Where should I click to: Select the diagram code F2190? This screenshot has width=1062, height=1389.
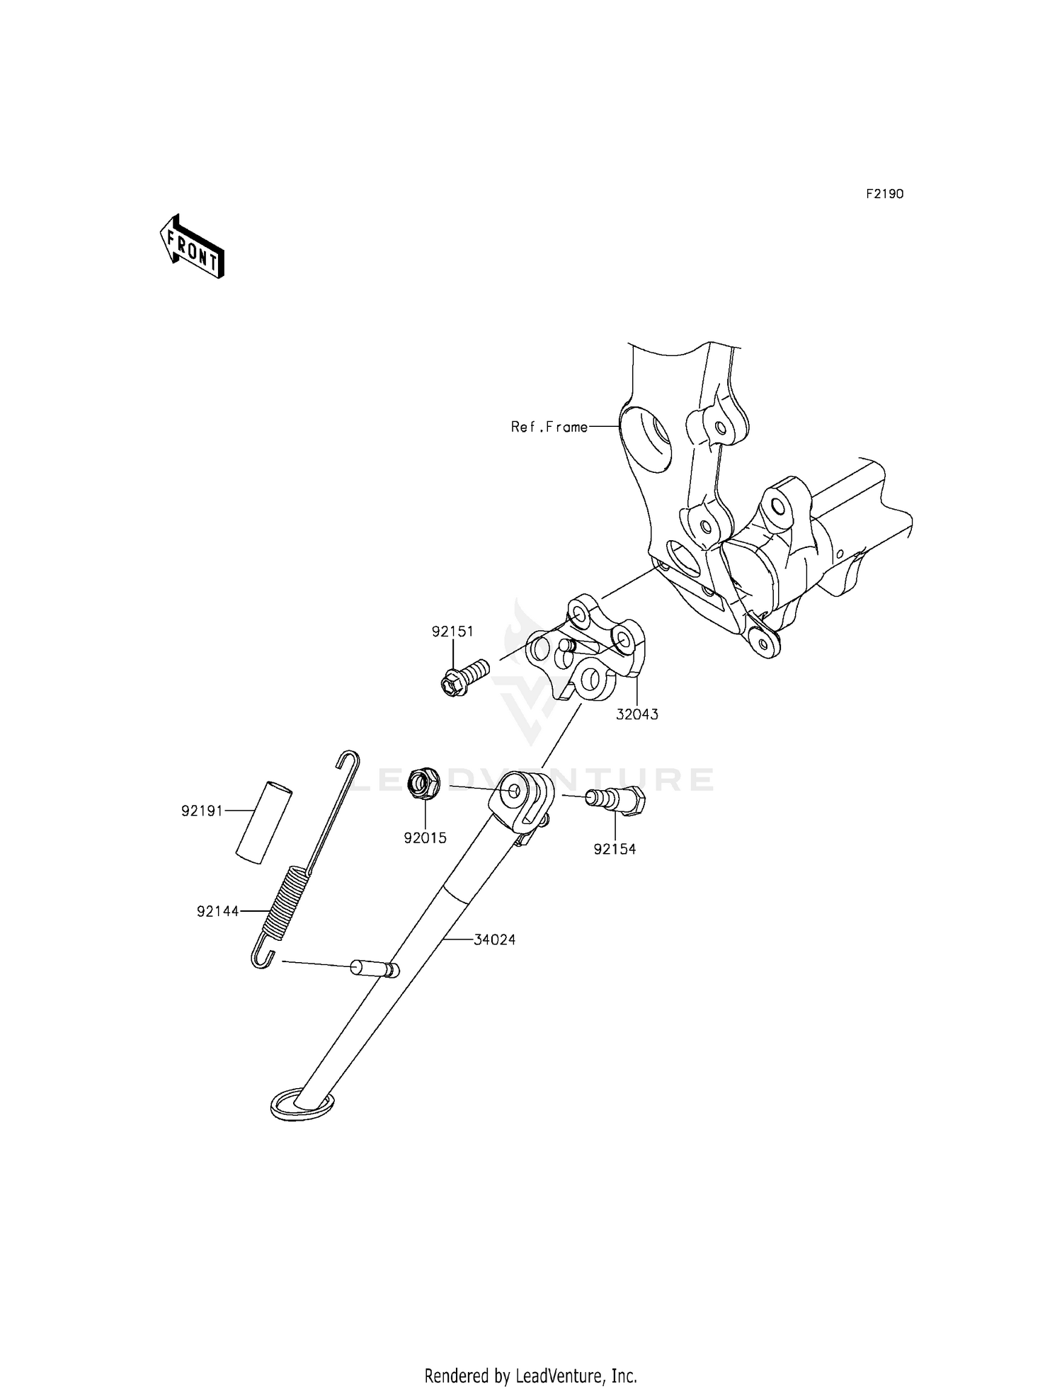pyautogui.click(x=884, y=194)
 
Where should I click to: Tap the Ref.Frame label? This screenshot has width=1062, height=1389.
pyautogui.click(x=549, y=427)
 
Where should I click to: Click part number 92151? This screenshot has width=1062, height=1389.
pyautogui.click(x=452, y=631)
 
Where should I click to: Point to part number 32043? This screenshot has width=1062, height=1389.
pyautogui.click(x=636, y=714)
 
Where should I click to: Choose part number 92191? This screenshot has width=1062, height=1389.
pyautogui.click(x=202, y=811)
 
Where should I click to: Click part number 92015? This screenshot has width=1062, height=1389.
pyautogui.click(x=425, y=838)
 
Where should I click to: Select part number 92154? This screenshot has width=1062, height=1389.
pyautogui.click(x=615, y=849)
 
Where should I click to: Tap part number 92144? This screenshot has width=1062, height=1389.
pyautogui.click(x=218, y=912)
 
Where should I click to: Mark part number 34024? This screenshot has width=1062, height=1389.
pyautogui.click(x=494, y=939)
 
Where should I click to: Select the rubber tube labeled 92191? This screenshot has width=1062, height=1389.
pyautogui.click(x=263, y=821)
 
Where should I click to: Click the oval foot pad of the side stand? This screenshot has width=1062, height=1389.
pyautogui.click(x=301, y=1105)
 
